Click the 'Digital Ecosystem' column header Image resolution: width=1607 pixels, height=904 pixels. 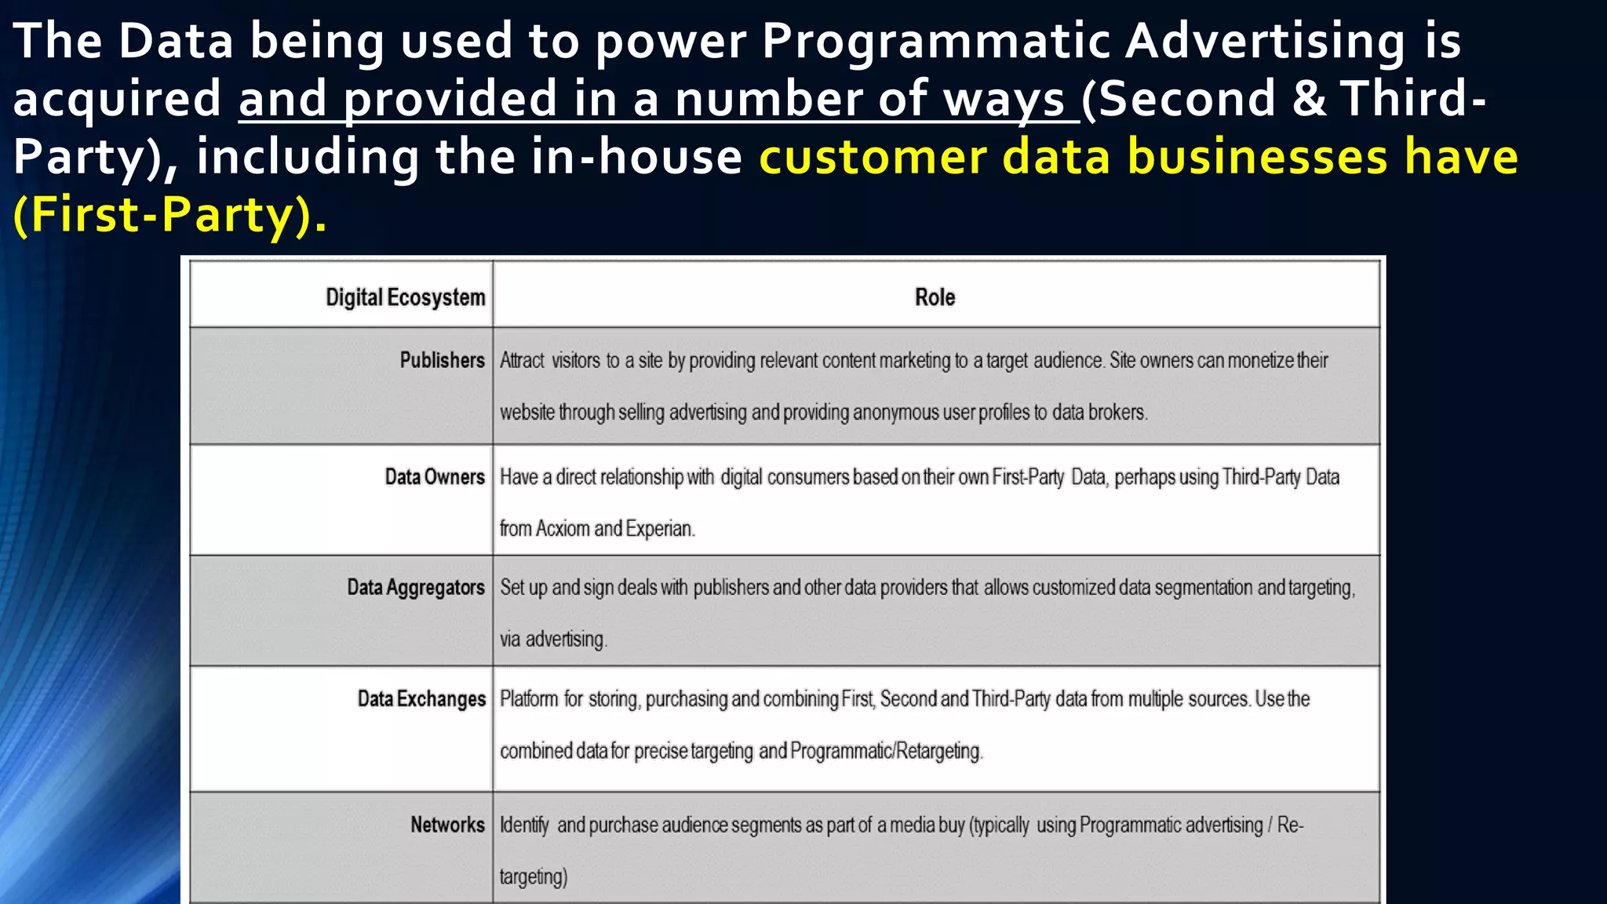[405, 297]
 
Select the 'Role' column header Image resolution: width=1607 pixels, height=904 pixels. [935, 297]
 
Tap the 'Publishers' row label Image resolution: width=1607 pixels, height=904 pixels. [442, 360]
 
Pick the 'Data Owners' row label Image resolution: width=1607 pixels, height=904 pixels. [434, 477]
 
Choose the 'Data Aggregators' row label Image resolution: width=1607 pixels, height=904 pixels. [415, 588]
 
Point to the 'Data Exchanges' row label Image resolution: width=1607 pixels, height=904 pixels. [421, 699]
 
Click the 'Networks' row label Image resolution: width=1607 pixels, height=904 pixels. [447, 825]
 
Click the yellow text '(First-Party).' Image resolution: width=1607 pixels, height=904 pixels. [169, 215]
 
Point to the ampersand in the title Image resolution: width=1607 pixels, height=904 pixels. [1307, 100]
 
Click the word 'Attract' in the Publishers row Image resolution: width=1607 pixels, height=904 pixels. [522, 361]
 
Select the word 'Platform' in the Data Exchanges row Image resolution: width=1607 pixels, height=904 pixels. [529, 699]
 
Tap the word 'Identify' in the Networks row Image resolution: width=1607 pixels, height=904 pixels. [523, 826]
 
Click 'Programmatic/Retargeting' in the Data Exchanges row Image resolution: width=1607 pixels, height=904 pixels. [885, 752]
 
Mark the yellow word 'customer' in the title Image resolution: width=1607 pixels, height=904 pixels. [872, 157]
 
